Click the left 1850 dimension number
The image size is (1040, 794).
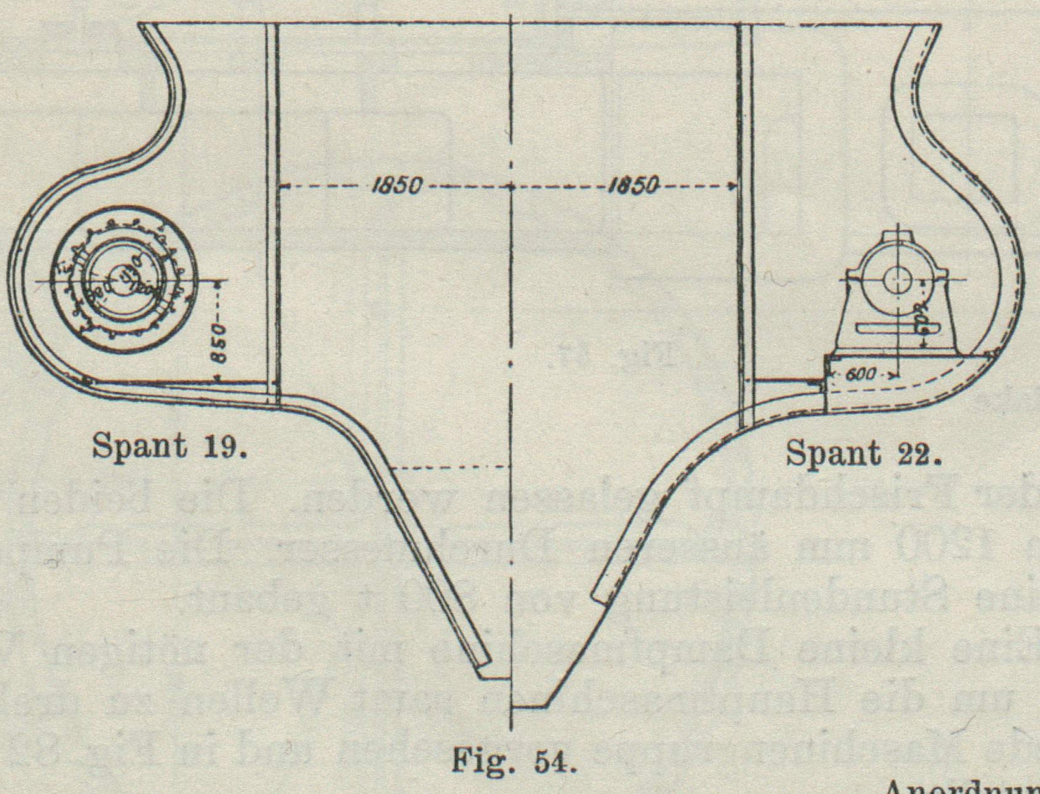tap(397, 185)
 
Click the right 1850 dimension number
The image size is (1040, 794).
tap(633, 185)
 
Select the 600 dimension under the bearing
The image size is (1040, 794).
tap(862, 375)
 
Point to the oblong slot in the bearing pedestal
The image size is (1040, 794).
tap(886, 327)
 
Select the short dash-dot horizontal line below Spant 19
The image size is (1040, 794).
tap(452, 467)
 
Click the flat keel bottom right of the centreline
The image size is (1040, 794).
tap(528, 706)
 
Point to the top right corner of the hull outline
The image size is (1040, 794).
tap(940, 25)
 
